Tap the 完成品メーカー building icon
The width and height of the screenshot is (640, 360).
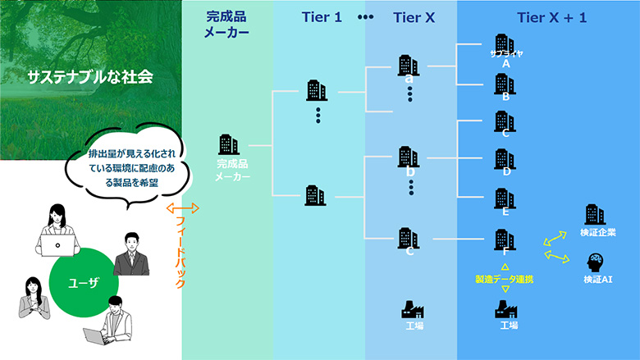[229, 145]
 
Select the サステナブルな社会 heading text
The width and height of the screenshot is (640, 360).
[91, 79]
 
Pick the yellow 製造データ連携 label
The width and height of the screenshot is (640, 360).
[504, 280]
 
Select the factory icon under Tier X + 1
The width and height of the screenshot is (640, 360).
[507, 309]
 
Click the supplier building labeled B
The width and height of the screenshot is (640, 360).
[504, 84]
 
